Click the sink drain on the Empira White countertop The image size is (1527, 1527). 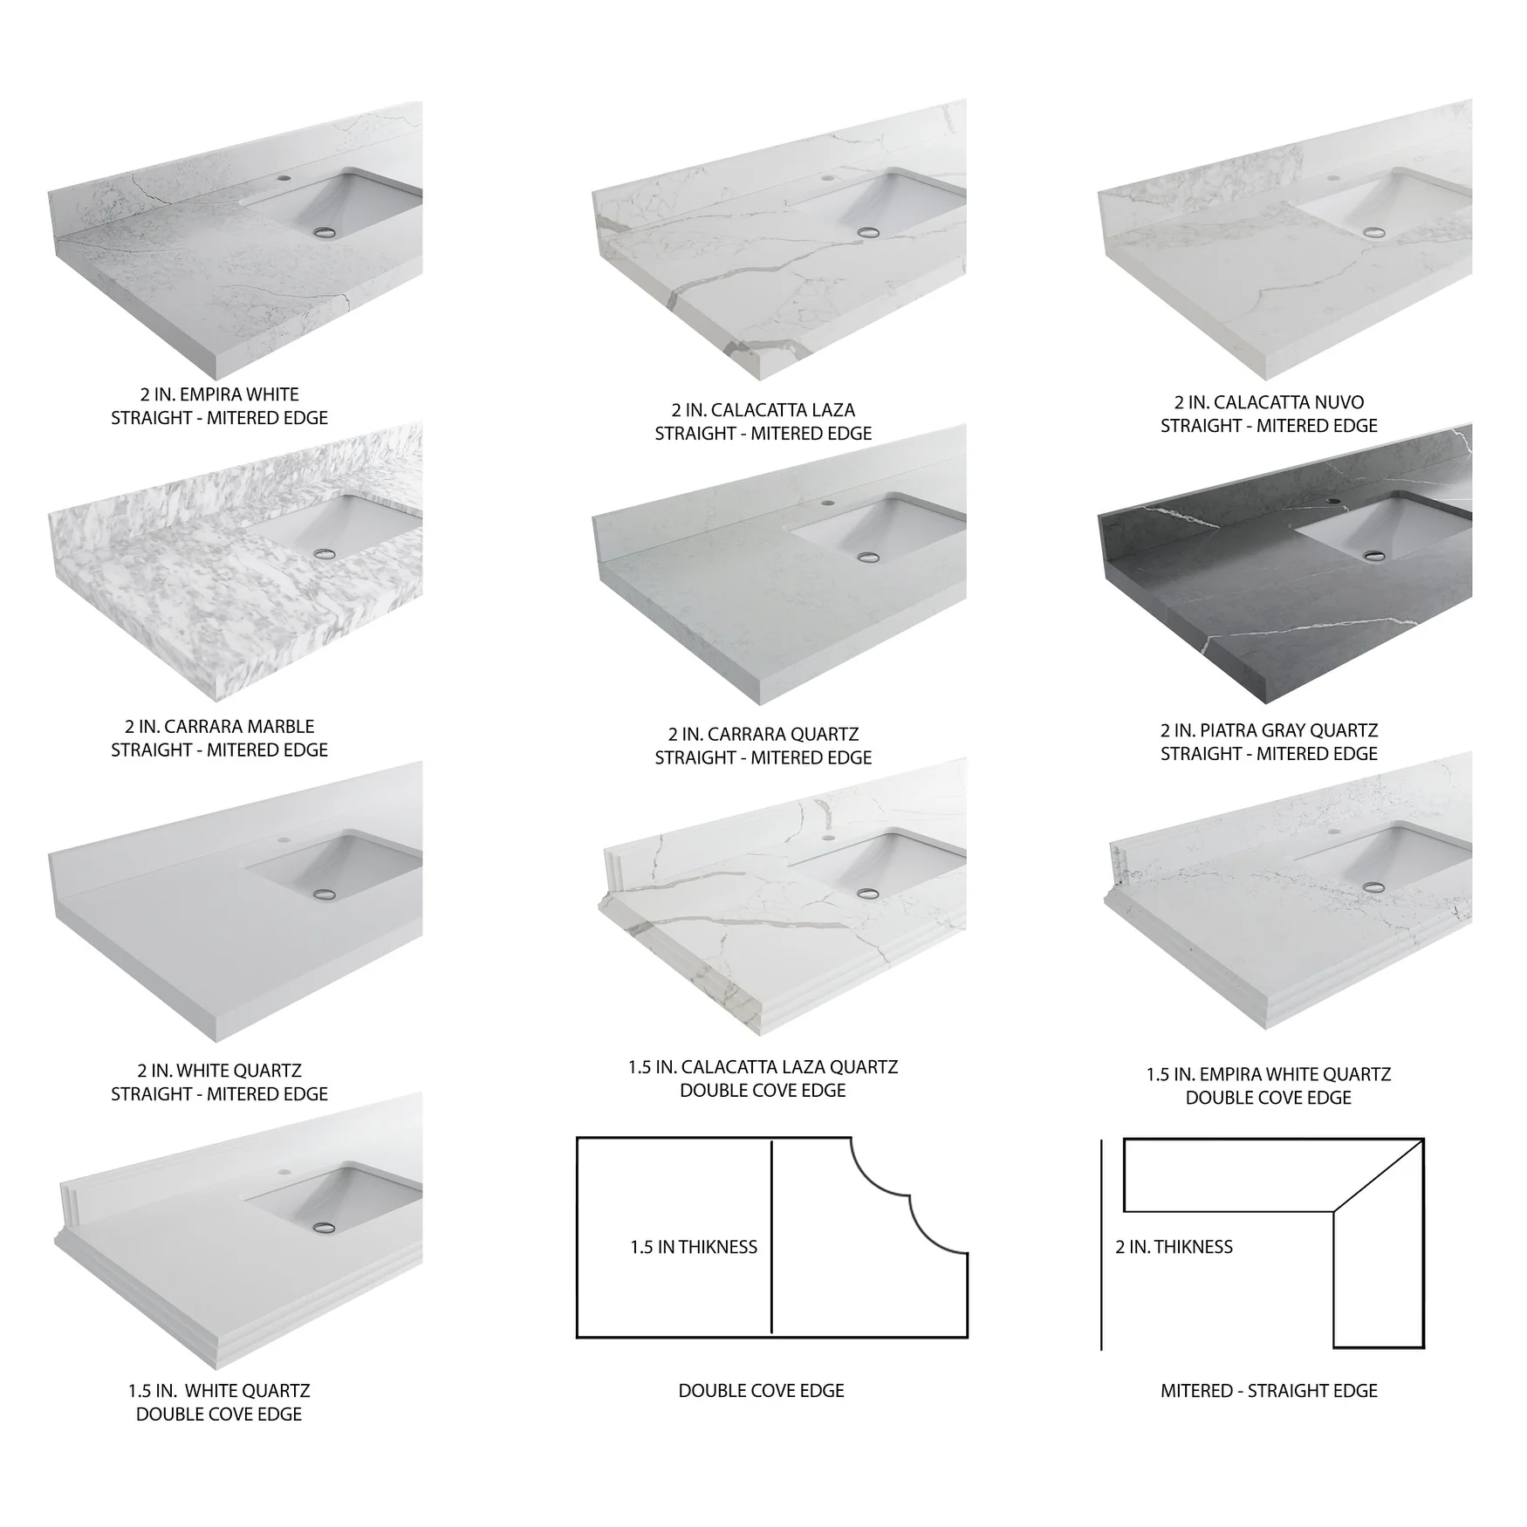click(326, 232)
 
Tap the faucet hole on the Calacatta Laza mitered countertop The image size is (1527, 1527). click(826, 178)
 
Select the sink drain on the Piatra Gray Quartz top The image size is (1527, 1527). click(1373, 554)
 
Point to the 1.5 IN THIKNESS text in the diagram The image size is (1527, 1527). click(694, 1247)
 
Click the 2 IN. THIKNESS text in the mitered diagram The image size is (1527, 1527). click(1174, 1247)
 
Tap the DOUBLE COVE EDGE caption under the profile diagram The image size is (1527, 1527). click(762, 1390)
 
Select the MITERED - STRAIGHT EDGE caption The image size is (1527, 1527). click(1269, 1390)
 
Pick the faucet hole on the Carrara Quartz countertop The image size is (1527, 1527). click(826, 504)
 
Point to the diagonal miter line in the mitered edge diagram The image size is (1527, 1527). click(1379, 1174)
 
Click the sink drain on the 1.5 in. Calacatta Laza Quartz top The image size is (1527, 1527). click(867, 893)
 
